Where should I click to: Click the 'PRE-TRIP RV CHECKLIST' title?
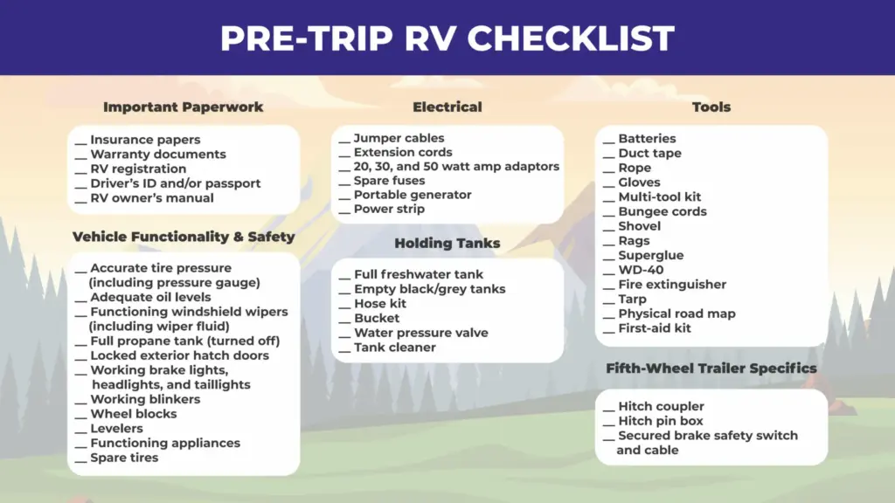[x=447, y=38]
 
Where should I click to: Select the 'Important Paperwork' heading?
[x=184, y=107]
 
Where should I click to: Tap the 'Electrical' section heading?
[x=447, y=107]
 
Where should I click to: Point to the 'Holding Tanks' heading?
[x=447, y=244]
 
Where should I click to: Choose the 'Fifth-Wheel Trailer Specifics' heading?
[x=711, y=369]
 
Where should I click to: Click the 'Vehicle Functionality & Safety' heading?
[x=184, y=237]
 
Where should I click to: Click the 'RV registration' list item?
[x=138, y=169]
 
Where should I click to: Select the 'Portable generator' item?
[x=413, y=195]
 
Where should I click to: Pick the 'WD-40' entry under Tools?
[x=641, y=271]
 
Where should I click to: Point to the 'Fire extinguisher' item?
[x=672, y=285]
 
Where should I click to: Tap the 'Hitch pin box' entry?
[x=661, y=421]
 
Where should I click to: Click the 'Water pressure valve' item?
[x=421, y=333]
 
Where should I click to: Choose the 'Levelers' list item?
[x=116, y=428]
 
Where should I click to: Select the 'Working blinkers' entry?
[x=145, y=399]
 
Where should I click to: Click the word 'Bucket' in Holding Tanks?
[x=377, y=318]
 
